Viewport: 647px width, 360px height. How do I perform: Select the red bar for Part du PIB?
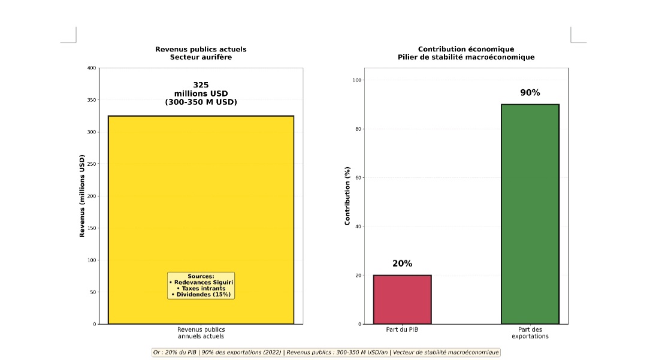click(402, 300)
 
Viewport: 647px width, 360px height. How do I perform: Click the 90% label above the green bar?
click(530, 93)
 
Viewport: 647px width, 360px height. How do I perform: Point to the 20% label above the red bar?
click(402, 264)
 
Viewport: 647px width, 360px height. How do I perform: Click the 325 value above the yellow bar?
click(201, 85)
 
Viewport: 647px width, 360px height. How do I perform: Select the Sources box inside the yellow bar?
click(201, 286)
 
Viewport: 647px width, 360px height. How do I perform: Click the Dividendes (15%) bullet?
click(201, 294)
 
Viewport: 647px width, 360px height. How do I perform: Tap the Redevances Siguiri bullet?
click(201, 282)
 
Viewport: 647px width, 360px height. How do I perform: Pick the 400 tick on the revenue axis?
click(91, 68)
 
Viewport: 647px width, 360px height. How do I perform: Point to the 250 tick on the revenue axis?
click(91, 164)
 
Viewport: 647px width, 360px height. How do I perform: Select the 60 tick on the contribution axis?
click(357, 178)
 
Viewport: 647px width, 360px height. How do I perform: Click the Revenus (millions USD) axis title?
click(82, 196)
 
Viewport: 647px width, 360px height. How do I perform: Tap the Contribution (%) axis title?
click(347, 196)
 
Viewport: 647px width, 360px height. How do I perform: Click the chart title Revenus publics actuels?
click(201, 49)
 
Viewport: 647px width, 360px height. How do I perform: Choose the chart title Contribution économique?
click(465, 49)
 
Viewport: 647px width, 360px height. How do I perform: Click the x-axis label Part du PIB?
click(402, 329)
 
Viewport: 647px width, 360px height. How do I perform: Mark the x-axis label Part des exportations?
click(530, 332)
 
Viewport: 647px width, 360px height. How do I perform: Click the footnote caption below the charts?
click(325, 352)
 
